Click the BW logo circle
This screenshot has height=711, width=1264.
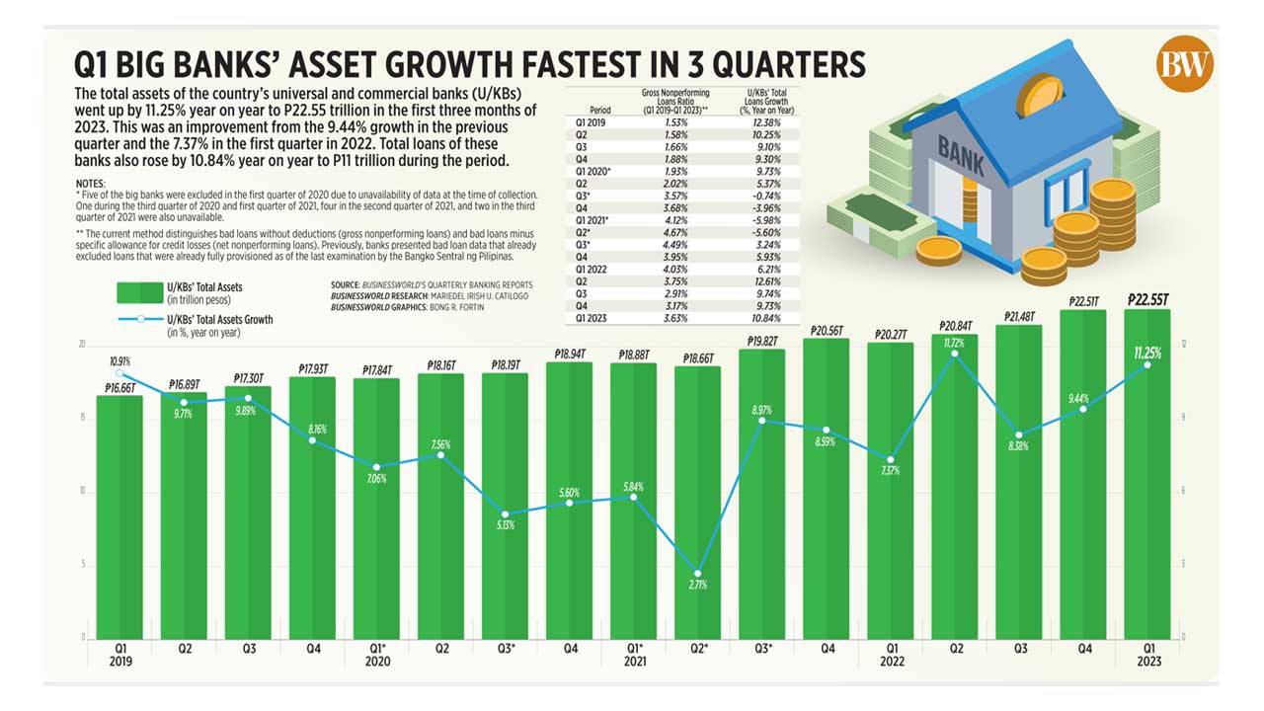coord(1185,65)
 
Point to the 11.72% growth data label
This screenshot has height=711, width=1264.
coord(954,343)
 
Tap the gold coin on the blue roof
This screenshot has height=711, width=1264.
coord(1038,95)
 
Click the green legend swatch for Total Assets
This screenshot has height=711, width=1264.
coord(138,292)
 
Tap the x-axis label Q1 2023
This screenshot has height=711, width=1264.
coord(1147,655)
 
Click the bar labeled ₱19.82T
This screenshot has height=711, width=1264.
coord(761,494)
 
